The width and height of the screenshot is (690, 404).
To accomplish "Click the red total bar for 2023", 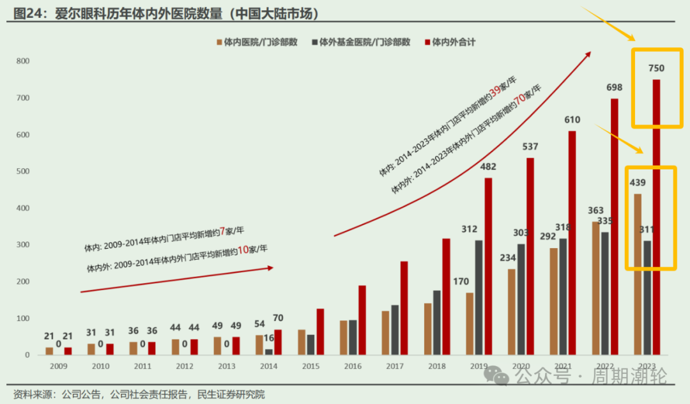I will (x=656, y=217).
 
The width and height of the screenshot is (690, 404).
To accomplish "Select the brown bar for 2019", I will (x=470, y=323).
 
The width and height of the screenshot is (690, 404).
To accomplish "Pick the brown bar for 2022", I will (x=595, y=288).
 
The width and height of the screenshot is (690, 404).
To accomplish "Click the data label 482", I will (x=488, y=167).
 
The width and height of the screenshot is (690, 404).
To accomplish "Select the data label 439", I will (x=638, y=183).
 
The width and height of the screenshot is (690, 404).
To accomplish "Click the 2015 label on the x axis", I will (x=310, y=366).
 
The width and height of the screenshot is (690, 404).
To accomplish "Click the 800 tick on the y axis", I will (x=23, y=61).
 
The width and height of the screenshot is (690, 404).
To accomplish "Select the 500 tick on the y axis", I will (x=23, y=171).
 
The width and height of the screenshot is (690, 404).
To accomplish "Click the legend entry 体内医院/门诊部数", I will (x=256, y=42).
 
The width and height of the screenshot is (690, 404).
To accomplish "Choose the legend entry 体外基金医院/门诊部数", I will (x=361, y=42).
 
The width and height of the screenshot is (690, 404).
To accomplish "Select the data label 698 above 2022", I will (x=615, y=87).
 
